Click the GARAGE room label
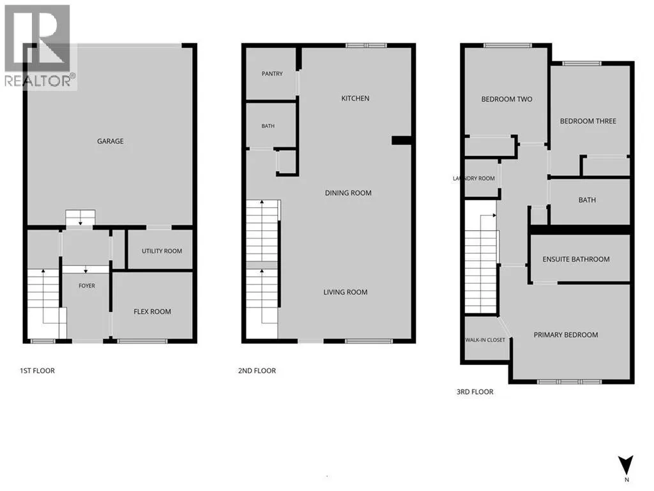click(x=110, y=141)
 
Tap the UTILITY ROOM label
click(x=162, y=251)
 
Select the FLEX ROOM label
click(x=152, y=311)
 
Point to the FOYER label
click(x=87, y=286)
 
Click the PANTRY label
click(x=272, y=74)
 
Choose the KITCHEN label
click(x=355, y=98)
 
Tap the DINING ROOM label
click(x=348, y=193)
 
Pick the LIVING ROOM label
click(x=346, y=292)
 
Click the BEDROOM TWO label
click(x=506, y=99)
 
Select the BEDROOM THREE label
click(x=588, y=121)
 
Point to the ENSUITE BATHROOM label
click(x=576, y=260)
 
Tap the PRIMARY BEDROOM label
click(x=566, y=335)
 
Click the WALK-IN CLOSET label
click(x=485, y=340)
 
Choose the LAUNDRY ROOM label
click(x=474, y=178)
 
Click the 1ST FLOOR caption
click(x=37, y=370)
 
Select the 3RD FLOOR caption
click(x=475, y=392)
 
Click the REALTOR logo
click(x=40, y=47)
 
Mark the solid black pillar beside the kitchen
click(x=401, y=141)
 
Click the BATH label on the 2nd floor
click(x=268, y=126)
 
